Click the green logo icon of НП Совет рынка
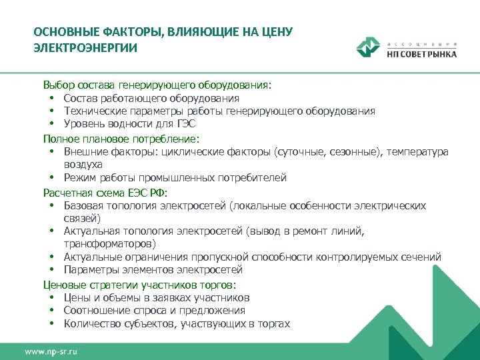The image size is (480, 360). [x=368, y=48]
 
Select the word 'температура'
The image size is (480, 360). [x=418, y=152]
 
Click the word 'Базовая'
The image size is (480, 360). [x=85, y=206]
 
